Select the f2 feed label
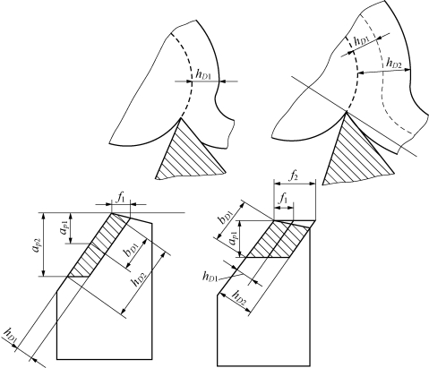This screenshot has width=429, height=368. (x=294, y=177)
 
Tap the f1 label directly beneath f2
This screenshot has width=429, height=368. (x=283, y=198)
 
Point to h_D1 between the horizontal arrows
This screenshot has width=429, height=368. (x=203, y=74)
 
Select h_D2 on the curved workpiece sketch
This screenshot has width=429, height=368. (x=394, y=63)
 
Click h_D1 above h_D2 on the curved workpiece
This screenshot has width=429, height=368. (x=362, y=41)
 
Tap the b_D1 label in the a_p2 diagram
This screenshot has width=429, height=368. (x=133, y=251)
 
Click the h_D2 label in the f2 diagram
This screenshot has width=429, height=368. (x=239, y=295)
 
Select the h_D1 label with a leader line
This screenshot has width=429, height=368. (x=210, y=277)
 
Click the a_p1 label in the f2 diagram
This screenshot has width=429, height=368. (x=234, y=239)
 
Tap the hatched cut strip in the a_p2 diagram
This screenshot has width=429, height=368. (x=99, y=245)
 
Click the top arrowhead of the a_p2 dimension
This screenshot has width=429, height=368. (x=44, y=216)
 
